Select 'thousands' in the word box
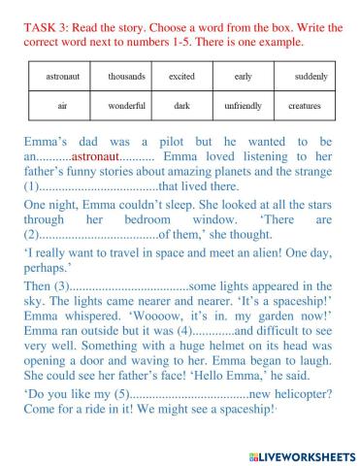(x=125, y=76)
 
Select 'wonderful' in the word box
(x=125, y=105)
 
